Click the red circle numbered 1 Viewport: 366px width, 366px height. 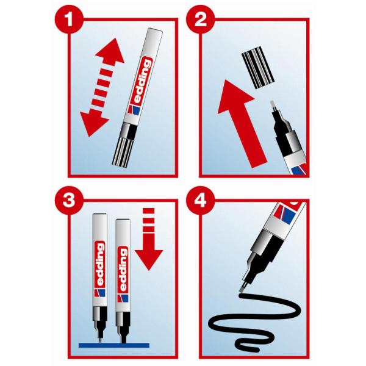(69, 20)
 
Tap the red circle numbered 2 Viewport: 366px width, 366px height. (201, 20)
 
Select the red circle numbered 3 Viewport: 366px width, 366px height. (69, 201)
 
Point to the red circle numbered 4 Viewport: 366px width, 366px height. (201, 201)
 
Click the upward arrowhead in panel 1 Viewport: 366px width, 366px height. (110, 52)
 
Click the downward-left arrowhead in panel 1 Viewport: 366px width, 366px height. (93, 123)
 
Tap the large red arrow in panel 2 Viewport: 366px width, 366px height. (241, 123)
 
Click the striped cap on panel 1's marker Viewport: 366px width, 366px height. (123, 152)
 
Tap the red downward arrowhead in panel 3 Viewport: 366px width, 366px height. (149, 259)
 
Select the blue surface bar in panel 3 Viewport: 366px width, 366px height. (114, 345)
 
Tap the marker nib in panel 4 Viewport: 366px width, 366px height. (243, 287)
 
